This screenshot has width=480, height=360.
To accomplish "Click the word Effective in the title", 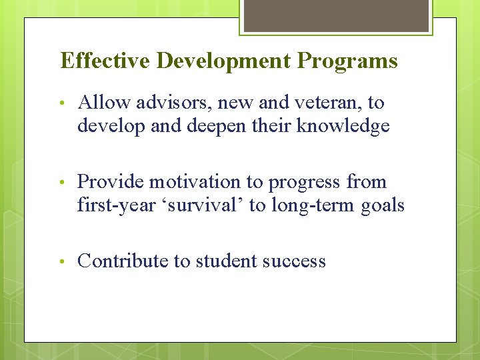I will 105,61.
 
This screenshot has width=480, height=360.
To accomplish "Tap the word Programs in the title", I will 347,61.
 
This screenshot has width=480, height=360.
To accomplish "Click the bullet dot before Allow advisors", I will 61,103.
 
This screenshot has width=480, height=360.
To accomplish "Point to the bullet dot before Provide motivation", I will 61,182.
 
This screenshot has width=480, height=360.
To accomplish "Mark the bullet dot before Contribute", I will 61,261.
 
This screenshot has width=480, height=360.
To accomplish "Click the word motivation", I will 194,182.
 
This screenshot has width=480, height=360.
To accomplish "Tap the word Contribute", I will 123,261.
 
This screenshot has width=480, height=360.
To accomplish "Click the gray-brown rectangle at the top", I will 336,15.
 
